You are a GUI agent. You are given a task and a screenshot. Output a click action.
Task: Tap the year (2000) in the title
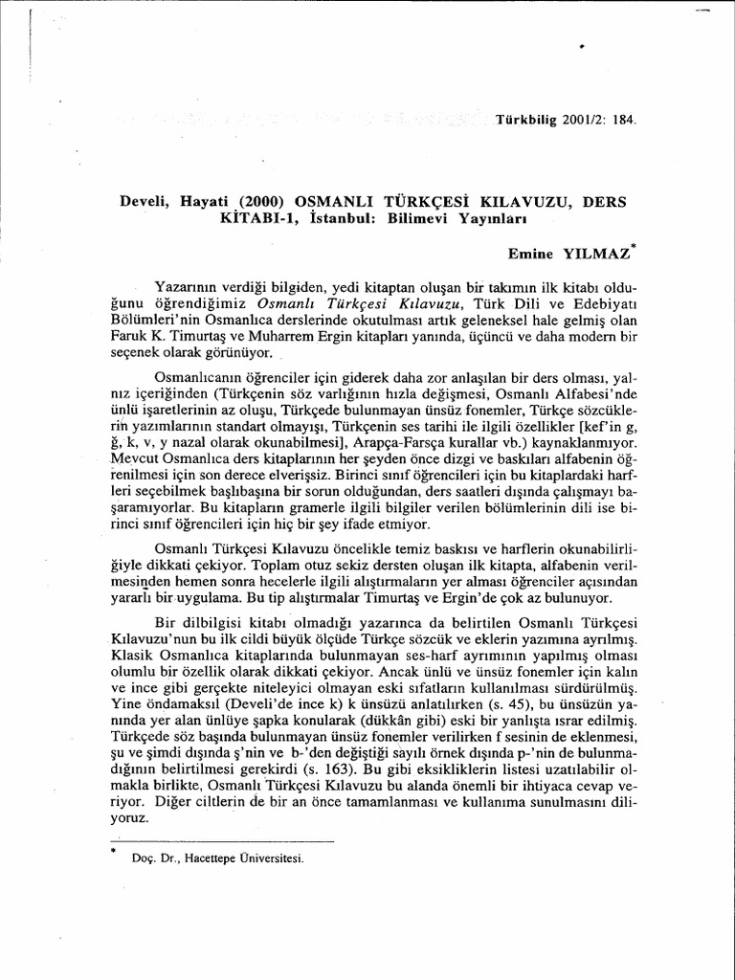tap(256, 204)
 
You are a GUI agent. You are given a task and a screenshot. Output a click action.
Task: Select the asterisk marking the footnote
tap(112, 849)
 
